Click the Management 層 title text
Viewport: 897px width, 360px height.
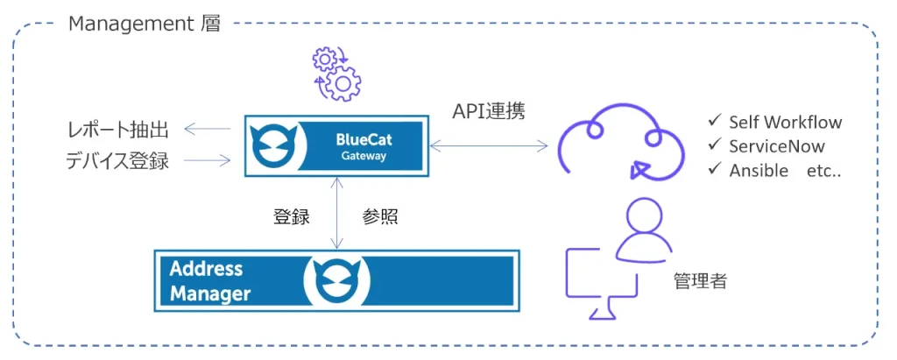(145, 24)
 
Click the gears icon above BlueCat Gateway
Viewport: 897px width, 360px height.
(336, 74)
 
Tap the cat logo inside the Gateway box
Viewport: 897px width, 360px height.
(271, 146)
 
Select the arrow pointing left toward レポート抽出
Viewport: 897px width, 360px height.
(207, 131)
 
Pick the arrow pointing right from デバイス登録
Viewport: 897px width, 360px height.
(207, 160)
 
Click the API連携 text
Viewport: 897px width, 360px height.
(489, 112)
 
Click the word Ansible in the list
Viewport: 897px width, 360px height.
(758, 171)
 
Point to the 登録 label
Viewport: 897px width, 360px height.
(292, 217)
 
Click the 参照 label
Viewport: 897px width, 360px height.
(380, 217)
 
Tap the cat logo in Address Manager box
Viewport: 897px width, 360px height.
(336, 280)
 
